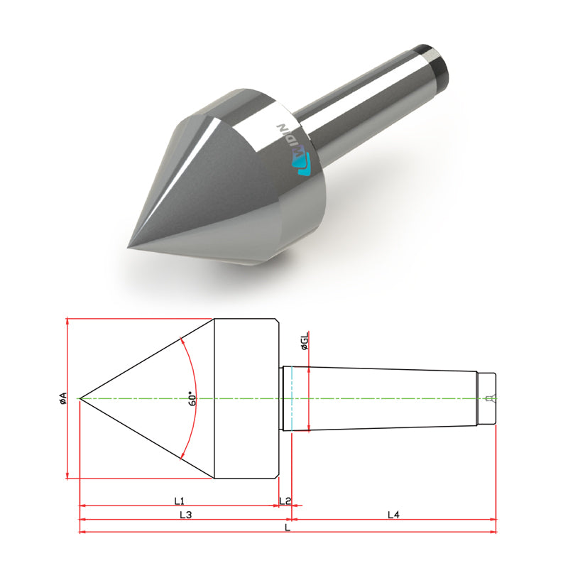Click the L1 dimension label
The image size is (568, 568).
tap(180, 501)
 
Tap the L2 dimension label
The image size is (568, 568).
tap(285, 501)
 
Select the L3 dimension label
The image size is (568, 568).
tap(185, 514)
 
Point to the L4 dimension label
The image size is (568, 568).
tap(393, 514)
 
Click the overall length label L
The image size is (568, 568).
tap(288, 527)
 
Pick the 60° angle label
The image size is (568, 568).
tap(192, 398)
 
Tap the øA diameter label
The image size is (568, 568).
tap(63, 398)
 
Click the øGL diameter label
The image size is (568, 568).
tap(305, 341)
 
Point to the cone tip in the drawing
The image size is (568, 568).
tap(80, 398)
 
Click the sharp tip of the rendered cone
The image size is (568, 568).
tap(128, 247)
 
